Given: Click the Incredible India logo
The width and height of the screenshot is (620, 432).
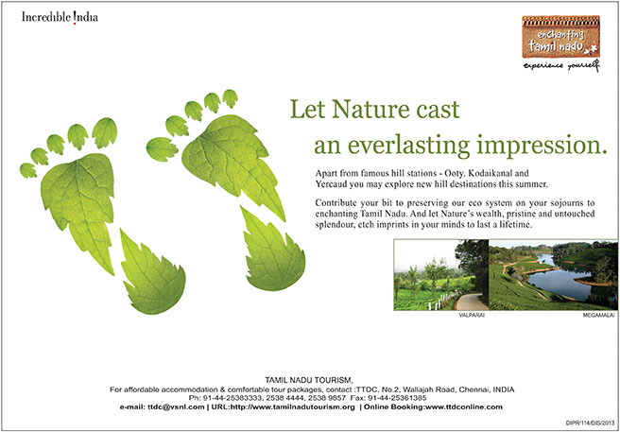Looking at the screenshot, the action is [60, 18].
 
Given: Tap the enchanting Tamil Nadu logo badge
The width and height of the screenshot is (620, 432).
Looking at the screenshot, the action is [560, 37].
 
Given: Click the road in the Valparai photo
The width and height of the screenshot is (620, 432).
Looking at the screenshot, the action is [471, 302].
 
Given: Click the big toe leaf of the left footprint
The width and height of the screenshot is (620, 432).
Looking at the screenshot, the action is [105, 132].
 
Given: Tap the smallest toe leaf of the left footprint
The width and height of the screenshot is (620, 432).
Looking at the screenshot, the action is [28, 170].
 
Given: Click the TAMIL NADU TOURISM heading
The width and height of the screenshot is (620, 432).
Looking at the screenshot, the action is [308, 381].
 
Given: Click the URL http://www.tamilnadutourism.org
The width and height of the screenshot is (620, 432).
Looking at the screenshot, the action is [284, 406].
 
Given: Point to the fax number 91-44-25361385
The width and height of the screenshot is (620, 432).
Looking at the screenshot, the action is [397, 398].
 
